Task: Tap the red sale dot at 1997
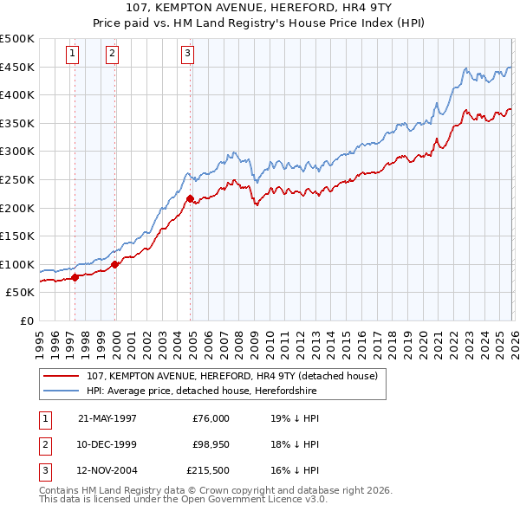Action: (x=75, y=277)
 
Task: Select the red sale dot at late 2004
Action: (x=190, y=198)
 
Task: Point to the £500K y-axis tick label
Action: (x=17, y=39)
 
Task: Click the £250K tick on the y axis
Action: (x=17, y=179)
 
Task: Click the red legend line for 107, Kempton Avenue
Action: (x=61, y=377)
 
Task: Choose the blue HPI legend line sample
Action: (x=61, y=391)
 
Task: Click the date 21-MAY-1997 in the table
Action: (x=107, y=417)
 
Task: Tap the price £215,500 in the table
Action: (x=208, y=471)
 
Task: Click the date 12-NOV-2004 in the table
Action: (x=107, y=471)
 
